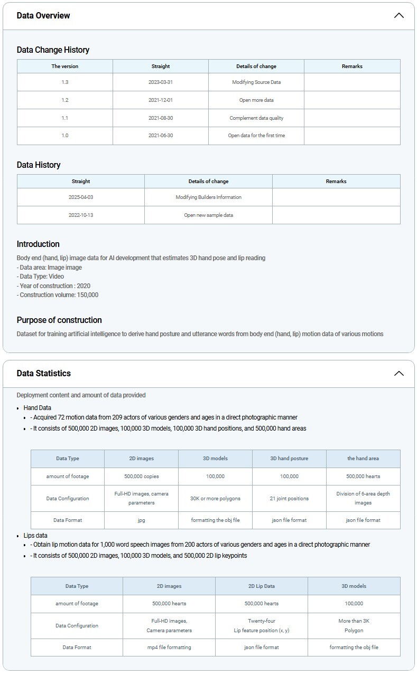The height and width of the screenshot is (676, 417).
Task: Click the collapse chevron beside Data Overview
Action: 399,15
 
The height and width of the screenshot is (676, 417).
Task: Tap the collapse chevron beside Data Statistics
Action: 399,373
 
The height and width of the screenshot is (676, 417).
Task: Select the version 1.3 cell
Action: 64,82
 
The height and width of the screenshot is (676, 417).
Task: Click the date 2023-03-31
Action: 161,82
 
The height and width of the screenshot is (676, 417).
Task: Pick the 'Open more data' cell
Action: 256,100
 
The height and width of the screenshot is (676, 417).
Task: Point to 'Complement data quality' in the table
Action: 256,118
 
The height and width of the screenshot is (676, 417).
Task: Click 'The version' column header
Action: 64,66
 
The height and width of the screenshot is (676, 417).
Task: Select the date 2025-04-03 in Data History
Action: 81,197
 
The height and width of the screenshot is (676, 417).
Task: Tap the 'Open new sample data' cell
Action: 208,215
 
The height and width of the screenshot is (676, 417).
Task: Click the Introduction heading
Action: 38,244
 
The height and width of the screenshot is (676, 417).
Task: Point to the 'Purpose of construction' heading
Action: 59,320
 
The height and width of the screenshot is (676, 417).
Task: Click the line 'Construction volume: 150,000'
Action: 58,295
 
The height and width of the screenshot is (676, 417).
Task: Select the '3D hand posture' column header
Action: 289,458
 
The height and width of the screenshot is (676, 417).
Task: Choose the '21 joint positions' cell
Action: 289,498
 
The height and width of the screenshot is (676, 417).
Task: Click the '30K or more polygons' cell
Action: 215,498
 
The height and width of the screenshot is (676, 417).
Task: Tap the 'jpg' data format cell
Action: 141,520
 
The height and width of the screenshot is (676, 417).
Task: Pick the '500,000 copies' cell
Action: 141,476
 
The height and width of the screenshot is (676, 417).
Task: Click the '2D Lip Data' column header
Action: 261,586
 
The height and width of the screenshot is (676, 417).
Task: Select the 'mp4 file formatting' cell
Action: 169,647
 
